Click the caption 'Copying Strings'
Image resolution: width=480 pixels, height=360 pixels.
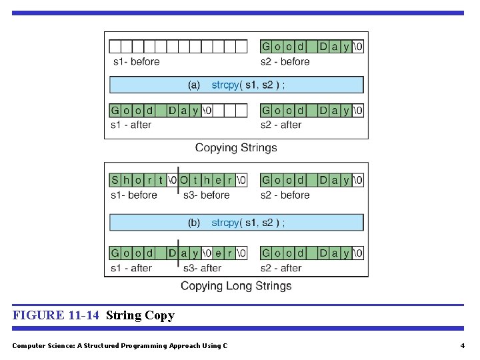coord(236,148)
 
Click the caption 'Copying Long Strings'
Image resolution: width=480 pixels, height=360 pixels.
coord(236,286)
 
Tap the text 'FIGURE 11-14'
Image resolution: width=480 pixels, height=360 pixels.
coord(56,315)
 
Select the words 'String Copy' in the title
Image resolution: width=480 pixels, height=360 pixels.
coord(140,315)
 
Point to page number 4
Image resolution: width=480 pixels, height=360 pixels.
coord(462,345)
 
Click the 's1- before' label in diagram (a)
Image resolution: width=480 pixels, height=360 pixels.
coord(135,62)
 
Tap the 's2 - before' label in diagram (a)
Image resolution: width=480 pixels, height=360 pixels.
coord(285,62)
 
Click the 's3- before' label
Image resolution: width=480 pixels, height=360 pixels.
coord(206,195)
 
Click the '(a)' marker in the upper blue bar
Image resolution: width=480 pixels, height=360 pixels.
coord(194,85)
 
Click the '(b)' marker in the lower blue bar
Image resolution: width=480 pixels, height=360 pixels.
coord(194,223)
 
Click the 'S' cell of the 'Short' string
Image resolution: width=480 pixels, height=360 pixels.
coord(115,180)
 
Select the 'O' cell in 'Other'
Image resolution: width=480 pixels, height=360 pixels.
coord(183,180)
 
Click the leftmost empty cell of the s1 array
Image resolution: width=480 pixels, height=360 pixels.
coord(115,47)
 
